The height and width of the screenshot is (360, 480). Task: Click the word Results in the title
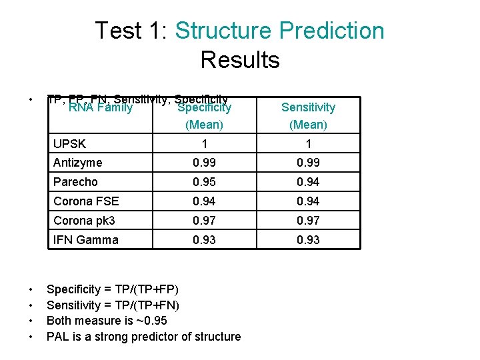239,60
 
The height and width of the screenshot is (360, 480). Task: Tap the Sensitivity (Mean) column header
308,115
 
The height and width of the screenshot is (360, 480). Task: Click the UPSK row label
69,144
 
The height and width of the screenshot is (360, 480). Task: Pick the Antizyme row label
78,163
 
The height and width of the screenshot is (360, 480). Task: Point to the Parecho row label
75,182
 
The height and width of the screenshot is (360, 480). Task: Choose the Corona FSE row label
85,201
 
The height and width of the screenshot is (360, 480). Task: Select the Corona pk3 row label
85,221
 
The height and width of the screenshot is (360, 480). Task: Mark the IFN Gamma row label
85,240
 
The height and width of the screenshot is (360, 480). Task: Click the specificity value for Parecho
204,182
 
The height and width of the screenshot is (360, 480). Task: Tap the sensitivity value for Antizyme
308,163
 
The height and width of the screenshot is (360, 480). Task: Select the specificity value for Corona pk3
204,221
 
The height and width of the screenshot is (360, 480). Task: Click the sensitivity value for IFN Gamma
308,240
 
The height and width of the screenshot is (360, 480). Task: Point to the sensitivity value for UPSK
308,144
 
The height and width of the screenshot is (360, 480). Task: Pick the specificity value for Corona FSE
204,201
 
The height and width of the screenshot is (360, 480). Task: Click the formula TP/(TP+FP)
142,289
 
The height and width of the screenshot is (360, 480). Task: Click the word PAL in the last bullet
58,337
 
